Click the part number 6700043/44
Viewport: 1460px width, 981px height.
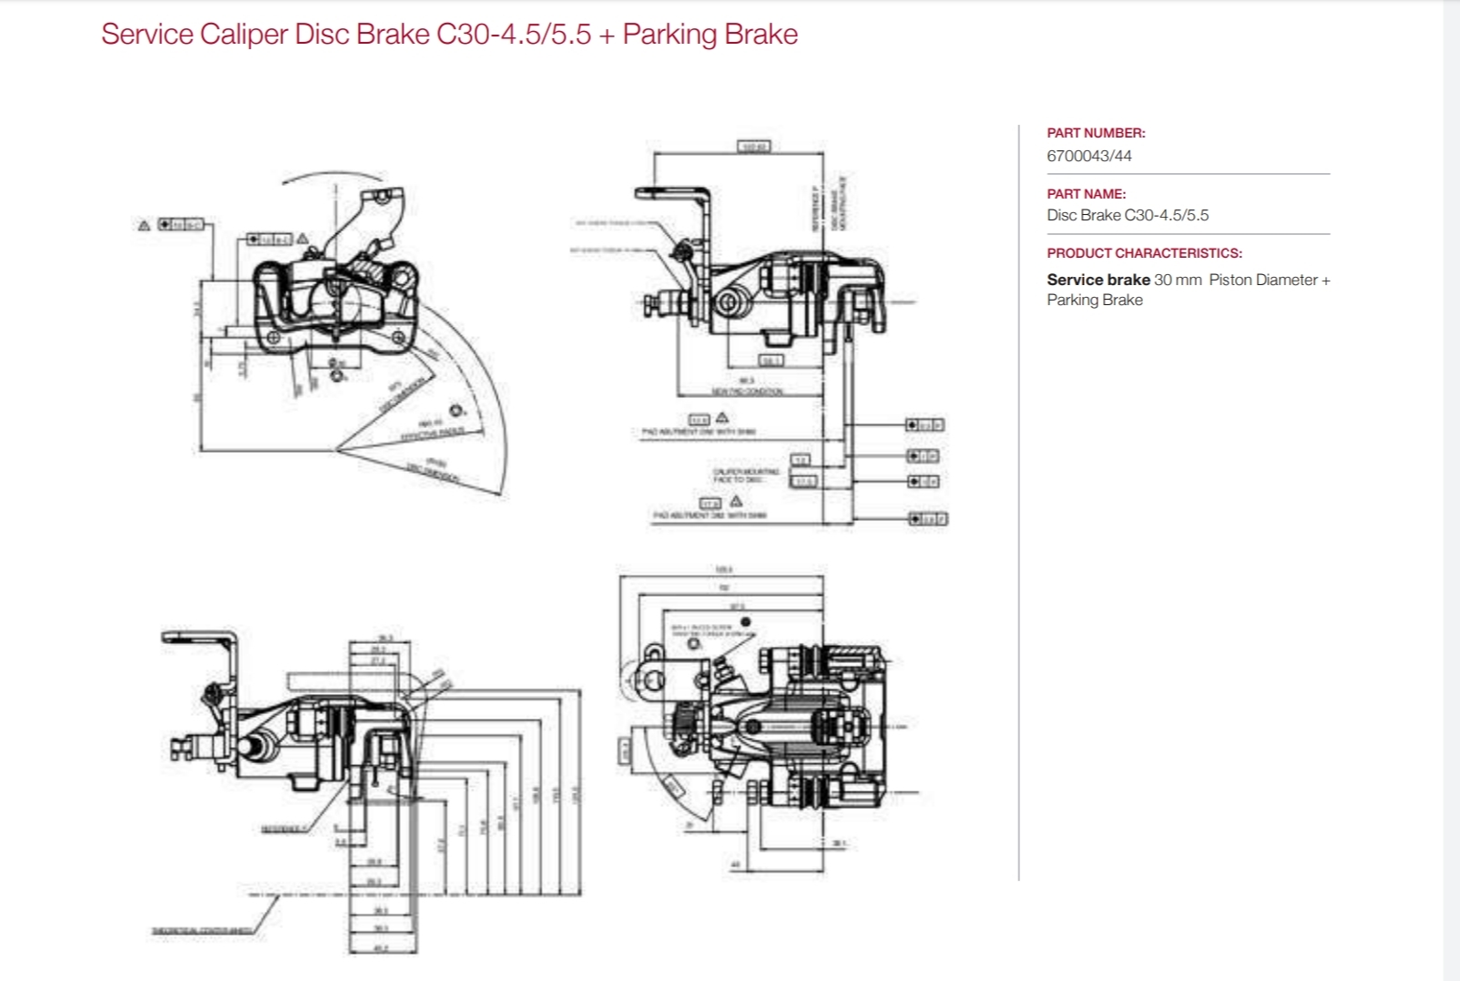coord(1088,156)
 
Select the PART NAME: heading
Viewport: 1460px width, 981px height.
coord(1086,194)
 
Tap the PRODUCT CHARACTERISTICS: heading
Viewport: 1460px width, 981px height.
coord(1144,253)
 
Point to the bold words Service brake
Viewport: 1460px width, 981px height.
coord(1098,280)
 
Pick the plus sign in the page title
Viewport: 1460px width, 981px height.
coord(607,35)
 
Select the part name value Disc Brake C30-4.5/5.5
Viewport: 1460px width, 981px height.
coord(1128,216)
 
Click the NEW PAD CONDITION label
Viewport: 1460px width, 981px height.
coord(748,392)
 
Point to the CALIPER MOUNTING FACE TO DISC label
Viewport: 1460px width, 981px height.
coord(746,475)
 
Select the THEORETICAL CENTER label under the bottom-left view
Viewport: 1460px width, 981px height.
coord(201,931)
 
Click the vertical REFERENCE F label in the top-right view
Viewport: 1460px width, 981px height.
coord(816,209)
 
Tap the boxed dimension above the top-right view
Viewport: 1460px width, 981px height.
coord(754,147)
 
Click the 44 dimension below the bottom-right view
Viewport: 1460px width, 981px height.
coord(736,864)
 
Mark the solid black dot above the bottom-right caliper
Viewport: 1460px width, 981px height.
coord(746,621)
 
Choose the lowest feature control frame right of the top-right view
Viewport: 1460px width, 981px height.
coord(927,518)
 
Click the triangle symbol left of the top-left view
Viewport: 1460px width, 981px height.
coord(144,225)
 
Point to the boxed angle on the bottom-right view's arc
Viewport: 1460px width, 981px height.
coord(673,787)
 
